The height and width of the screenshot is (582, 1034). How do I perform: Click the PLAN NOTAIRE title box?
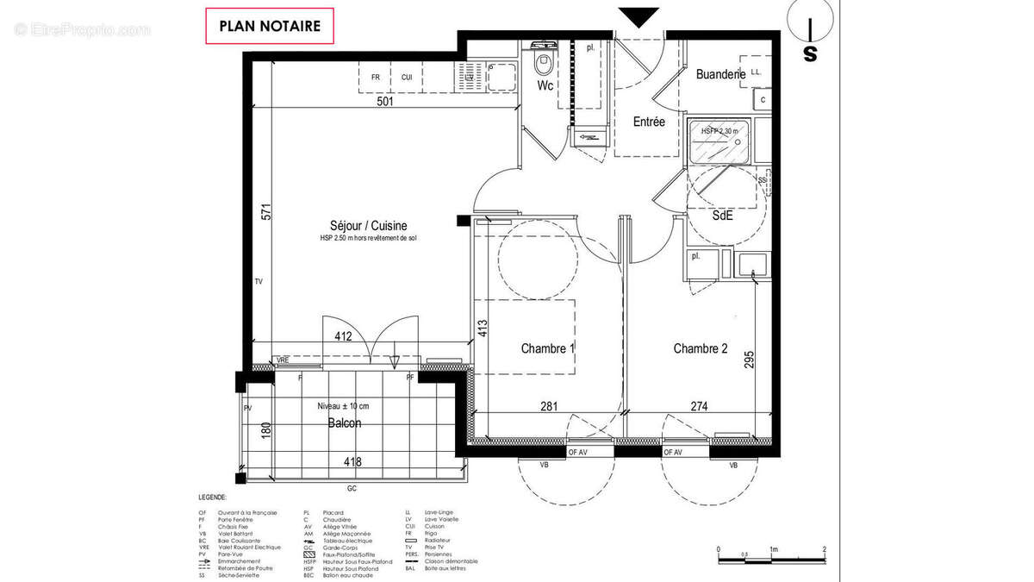pos(270,26)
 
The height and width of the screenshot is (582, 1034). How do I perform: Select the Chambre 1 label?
pos(548,348)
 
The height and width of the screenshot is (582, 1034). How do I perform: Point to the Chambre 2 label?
pos(701,348)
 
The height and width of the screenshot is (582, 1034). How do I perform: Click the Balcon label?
pos(345,423)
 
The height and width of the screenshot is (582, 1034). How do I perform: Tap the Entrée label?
pos(649,122)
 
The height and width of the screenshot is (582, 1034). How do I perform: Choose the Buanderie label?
pos(720,75)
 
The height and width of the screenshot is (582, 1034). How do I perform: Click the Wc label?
pos(545,86)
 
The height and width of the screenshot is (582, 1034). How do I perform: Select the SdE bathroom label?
pos(722,216)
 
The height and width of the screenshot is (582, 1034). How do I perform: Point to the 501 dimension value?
pos(386,102)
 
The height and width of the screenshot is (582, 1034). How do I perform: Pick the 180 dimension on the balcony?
pos(266,429)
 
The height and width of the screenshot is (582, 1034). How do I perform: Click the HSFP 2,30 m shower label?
pos(719,131)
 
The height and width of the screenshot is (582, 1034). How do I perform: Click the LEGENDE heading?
pos(212,498)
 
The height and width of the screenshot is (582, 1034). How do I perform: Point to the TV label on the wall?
pos(258,282)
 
